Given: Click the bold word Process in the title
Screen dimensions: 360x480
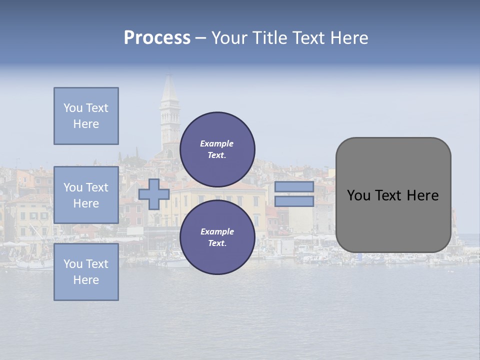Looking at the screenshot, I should coord(157,38).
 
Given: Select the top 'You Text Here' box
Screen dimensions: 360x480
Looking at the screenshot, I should coord(86,116).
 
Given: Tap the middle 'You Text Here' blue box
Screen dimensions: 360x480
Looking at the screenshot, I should coord(86,195).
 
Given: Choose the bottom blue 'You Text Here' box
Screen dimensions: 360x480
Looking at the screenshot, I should coord(86,272).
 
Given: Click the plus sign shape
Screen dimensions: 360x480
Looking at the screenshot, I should coord(154,194).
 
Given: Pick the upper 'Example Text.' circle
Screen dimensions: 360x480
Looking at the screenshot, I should coord(217,149).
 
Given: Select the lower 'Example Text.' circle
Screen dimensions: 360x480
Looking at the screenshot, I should coord(217,237).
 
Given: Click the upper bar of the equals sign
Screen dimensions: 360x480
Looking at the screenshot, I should coord(294,187).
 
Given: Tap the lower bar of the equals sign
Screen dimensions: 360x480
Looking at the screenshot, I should coord(294,201).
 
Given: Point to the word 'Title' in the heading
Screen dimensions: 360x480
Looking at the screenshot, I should coord(270,38).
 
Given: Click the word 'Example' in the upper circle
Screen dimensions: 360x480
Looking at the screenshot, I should coord(217,143).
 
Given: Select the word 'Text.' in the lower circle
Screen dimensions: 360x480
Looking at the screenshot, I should coord(217,243).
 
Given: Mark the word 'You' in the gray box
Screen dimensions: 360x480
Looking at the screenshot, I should coord(358,195).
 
